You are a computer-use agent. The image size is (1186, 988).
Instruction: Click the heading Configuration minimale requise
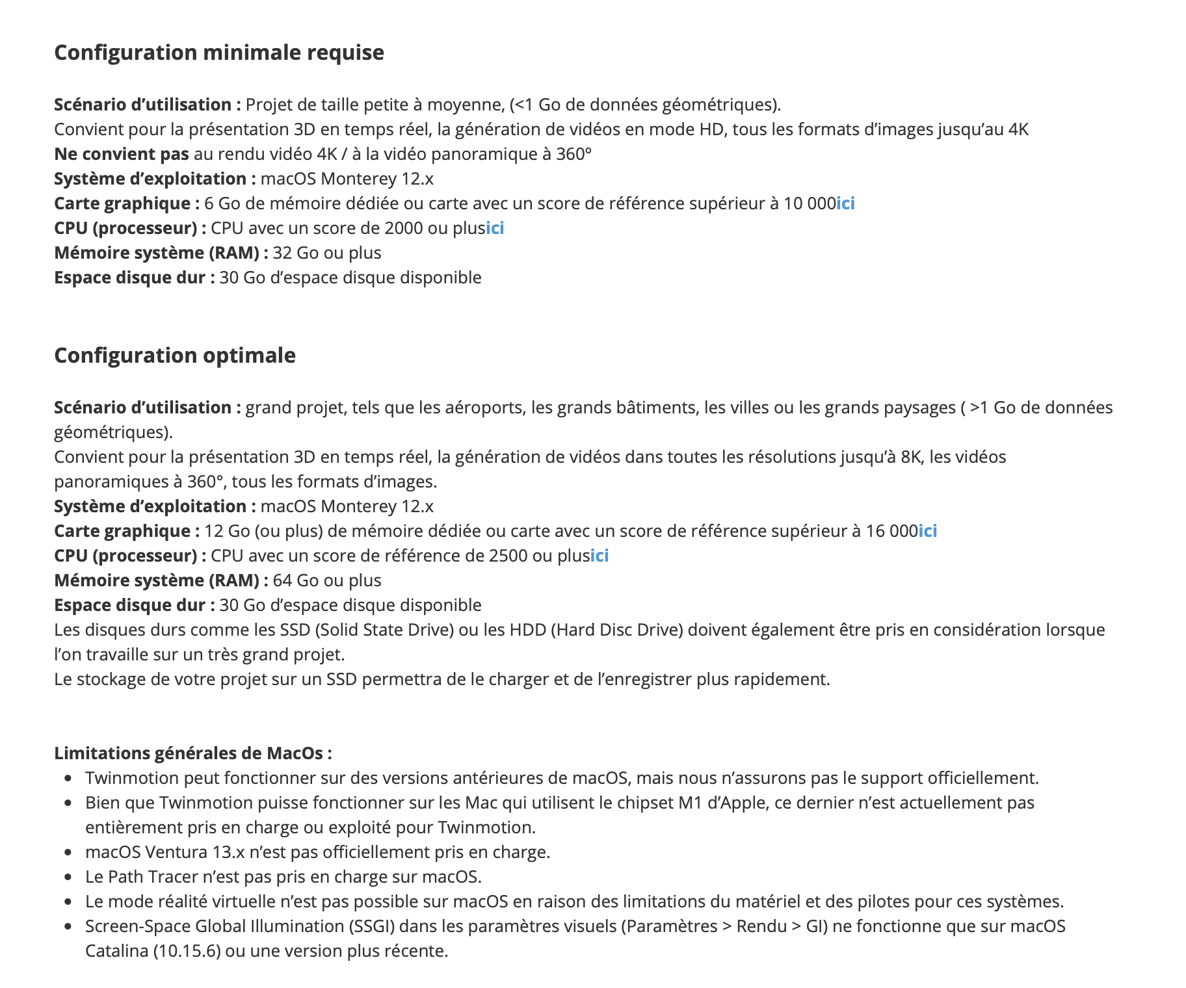pyautogui.click(x=219, y=53)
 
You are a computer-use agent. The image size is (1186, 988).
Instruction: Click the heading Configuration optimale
pyautogui.click(x=175, y=356)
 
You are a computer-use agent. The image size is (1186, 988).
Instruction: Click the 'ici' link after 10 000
pyautogui.click(x=845, y=203)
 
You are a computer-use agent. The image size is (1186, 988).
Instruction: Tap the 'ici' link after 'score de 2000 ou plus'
pyautogui.click(x=495, y=228)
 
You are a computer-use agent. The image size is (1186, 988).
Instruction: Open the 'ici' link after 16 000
pyautogui.click(x=928, y=531)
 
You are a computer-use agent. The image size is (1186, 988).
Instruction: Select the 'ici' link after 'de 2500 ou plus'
pyautogui.click(x=600, y=556)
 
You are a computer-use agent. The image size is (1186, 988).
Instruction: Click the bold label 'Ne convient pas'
pyautogui.click(x=122, y=154)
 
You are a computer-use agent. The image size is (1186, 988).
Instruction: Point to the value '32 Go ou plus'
pyautogui.click(x=327, y=253)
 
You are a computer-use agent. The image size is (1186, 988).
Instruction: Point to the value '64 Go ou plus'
pyautogui.click(x=327, y=580)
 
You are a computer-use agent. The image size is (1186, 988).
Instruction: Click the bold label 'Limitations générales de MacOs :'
pyautogui.click(x=193, y=753)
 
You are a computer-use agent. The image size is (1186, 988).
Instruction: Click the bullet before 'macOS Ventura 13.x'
pyautogui.click(x=68, y=852)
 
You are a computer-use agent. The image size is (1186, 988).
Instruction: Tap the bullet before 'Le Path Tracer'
pyautogui.click(x=68, y=877)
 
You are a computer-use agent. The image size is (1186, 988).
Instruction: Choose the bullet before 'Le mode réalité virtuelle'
pyautogui.click(x=68, y=902)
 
